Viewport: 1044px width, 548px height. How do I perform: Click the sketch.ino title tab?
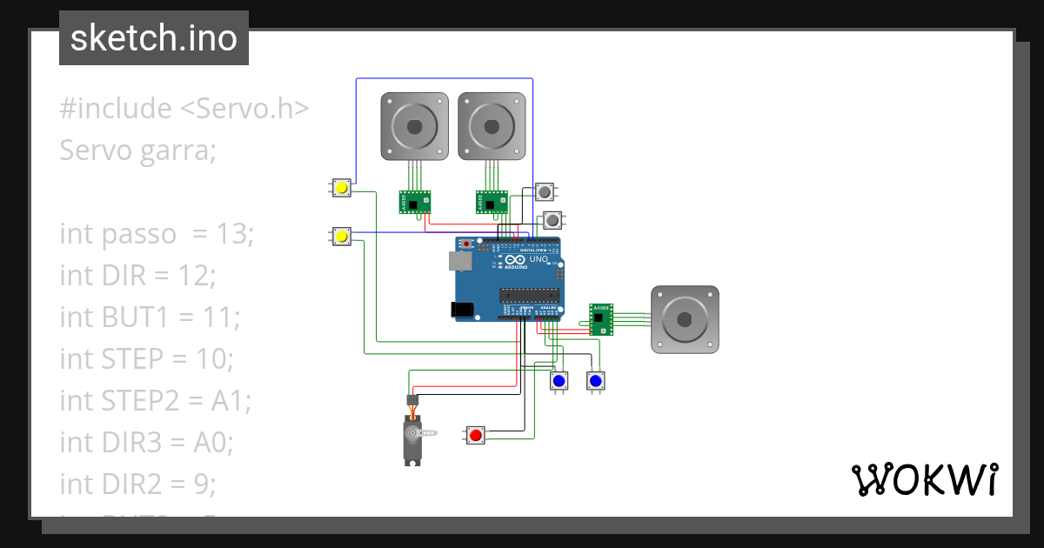point(154,38)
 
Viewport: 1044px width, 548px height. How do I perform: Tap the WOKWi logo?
point(923,479)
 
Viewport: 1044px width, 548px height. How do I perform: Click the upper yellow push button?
point(342,188)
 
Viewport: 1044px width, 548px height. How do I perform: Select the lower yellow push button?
point(342,237)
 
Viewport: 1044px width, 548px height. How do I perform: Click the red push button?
point(475,435)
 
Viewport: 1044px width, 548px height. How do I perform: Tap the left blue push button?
point(559,381)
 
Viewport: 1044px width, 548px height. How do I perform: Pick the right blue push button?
point(595,381)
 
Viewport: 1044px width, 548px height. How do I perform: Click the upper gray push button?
point(545,191)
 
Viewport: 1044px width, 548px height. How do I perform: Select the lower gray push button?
point(552,219)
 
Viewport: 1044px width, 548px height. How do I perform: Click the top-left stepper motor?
point(415,126)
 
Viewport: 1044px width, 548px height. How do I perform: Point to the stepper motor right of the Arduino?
point(686,319)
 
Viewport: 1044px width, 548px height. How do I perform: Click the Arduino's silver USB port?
point(457,260)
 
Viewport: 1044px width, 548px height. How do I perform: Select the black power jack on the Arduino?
point(460,309)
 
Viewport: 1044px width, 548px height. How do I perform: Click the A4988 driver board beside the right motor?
point(600,319)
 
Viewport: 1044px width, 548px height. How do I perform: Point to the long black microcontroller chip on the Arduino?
point(527,295)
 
